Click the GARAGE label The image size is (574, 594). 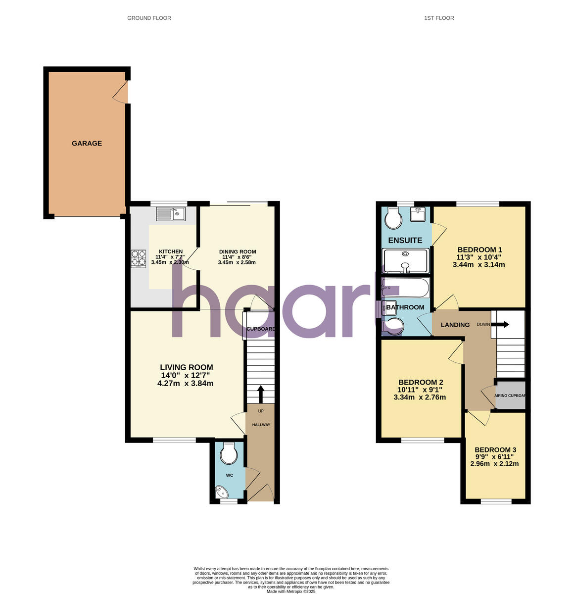pos(87,144)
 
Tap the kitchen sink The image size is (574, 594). pos(170,214)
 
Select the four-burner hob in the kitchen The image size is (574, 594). pos(139,259)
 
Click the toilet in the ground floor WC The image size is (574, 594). pos(229,454)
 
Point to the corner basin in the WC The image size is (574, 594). pos(221,493)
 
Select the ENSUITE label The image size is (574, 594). pos(405,241)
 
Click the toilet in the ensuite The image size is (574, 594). pos(393,218)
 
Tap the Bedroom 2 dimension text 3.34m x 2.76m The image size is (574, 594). pos(420,397)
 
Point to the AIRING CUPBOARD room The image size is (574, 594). pos(510,395)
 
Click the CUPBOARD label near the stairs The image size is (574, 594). pos(260,329)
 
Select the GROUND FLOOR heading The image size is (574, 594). pos(149,18)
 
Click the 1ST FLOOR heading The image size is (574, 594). pos(439,18)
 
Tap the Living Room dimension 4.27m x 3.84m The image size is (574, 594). pos(186,383)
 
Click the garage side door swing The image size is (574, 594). pos(121,92)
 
